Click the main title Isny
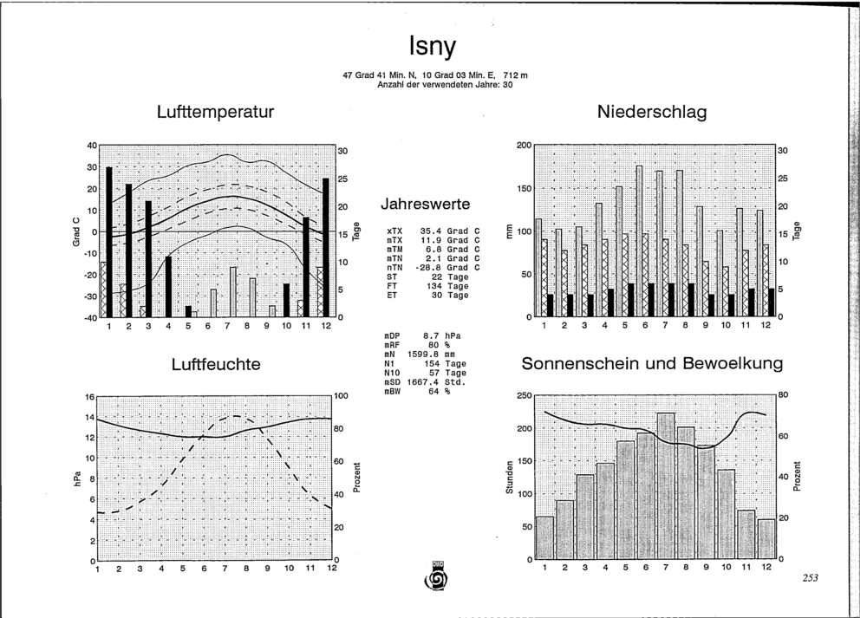433,46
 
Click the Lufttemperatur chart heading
215,112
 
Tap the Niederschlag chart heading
652,112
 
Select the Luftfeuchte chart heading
216,364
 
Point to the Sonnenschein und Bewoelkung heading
652,364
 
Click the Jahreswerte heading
425,204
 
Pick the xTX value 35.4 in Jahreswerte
430,231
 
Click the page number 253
810,578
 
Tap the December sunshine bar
766,539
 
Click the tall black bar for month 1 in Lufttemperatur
109,242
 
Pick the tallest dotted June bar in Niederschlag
639,242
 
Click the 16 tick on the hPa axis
91,397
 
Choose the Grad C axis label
77,231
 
